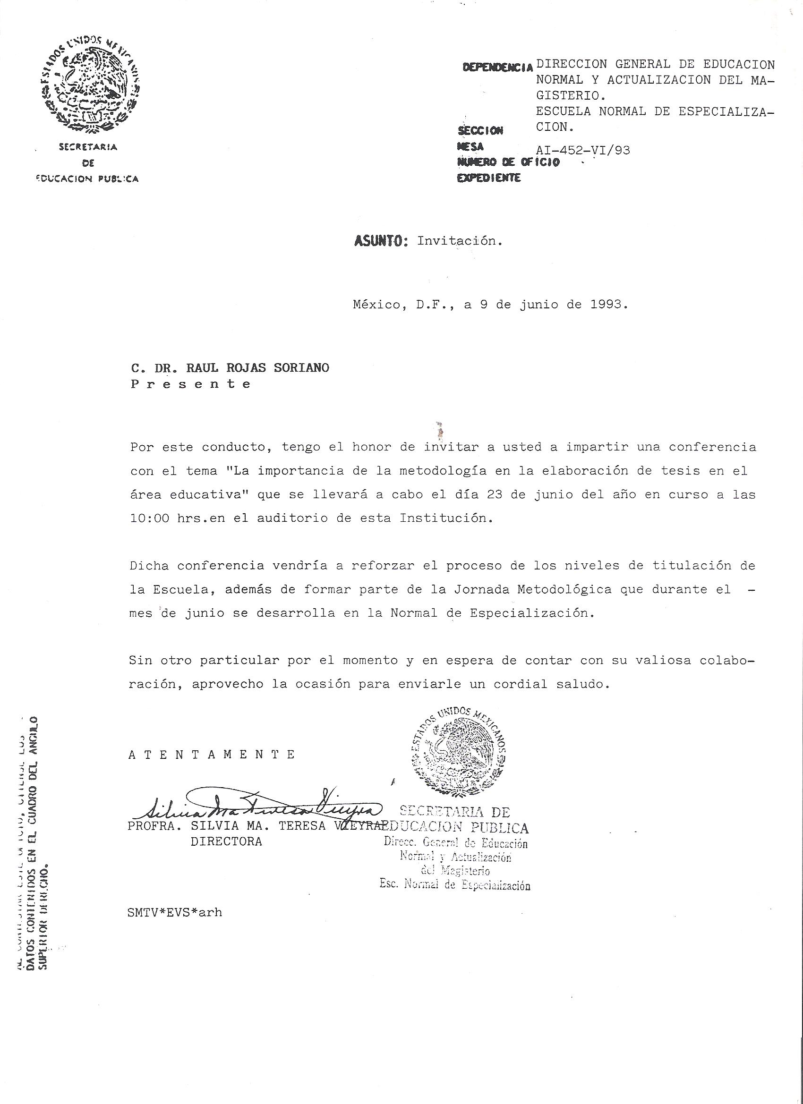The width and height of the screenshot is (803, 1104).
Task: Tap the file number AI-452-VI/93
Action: (x=582, y=151)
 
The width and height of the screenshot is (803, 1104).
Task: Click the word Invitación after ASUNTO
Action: (x=459, y=241)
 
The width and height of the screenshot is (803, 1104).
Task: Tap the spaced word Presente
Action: (x=191, y=384)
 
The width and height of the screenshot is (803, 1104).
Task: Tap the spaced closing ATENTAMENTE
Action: (x=211, y=755)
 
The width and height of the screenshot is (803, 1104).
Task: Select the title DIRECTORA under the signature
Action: (x=226, y=841)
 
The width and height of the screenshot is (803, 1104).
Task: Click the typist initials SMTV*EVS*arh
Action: (x=175, y=912)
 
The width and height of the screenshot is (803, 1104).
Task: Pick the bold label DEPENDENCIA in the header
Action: (x=497, y=68)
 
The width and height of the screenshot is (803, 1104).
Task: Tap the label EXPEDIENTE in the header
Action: (x=488, y=178)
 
